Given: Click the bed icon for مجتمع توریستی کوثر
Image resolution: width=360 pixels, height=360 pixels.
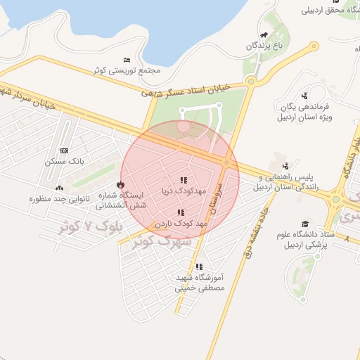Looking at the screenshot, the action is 127,60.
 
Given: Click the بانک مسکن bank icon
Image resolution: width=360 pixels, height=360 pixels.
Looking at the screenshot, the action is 64,150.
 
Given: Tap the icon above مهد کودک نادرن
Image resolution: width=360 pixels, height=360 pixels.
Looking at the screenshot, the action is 181,212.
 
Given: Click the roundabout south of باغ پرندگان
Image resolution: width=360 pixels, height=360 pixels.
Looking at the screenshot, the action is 250,82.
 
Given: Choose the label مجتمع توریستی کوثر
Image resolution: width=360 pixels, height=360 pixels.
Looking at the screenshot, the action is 127,70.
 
